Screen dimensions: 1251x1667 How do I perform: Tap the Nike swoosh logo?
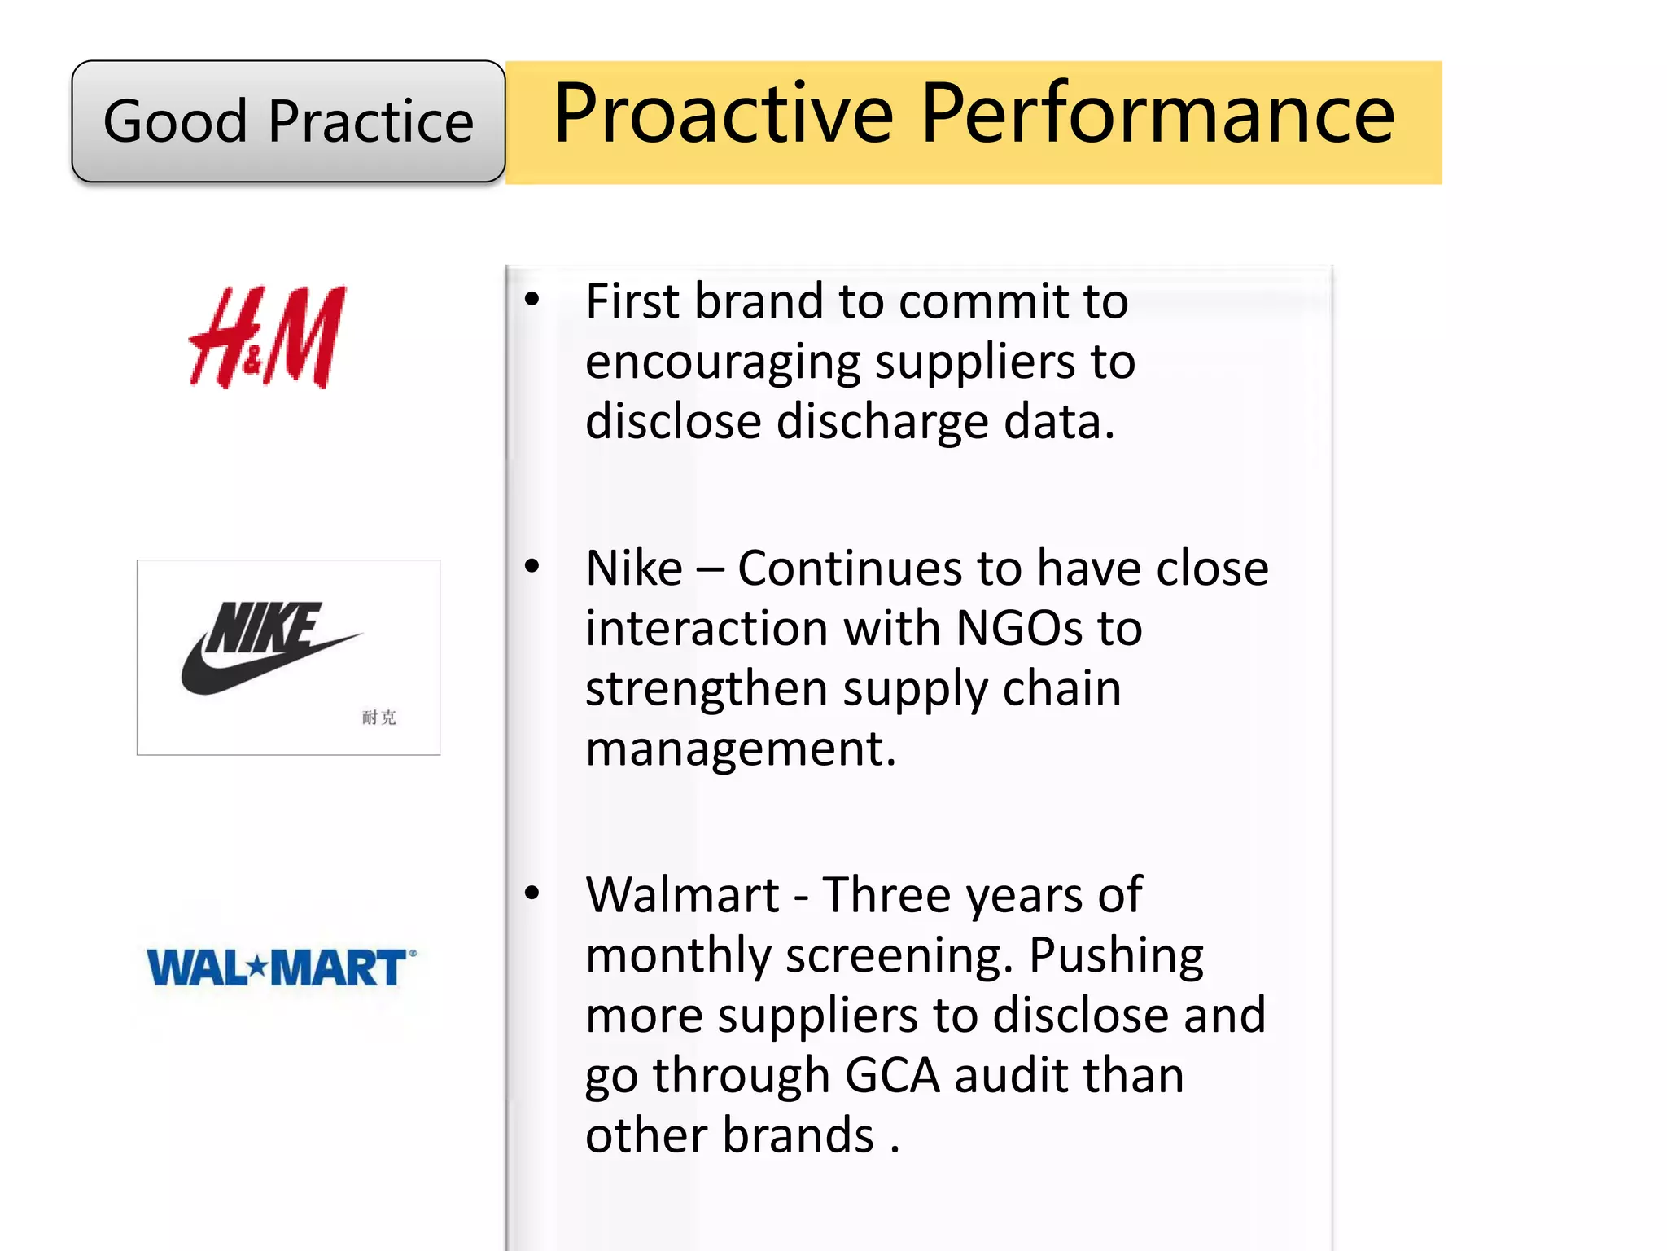point(269,649)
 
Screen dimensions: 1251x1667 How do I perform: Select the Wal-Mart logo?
point(280,968)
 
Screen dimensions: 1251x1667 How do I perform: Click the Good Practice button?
point(288,121)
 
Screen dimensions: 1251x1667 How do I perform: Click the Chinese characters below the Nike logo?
point(378,718)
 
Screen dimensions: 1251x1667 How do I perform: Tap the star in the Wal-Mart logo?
point(257,968)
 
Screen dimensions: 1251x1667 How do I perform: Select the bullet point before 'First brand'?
point(532,300)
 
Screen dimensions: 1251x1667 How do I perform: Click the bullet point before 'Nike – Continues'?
point(532,566)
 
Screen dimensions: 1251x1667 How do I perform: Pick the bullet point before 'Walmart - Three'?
point(532,893)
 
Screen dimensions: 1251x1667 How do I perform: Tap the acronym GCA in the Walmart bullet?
point(892,1075)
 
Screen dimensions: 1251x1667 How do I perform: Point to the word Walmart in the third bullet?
point(682,895)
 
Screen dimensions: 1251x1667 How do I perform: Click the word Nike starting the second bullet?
point(634,568)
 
